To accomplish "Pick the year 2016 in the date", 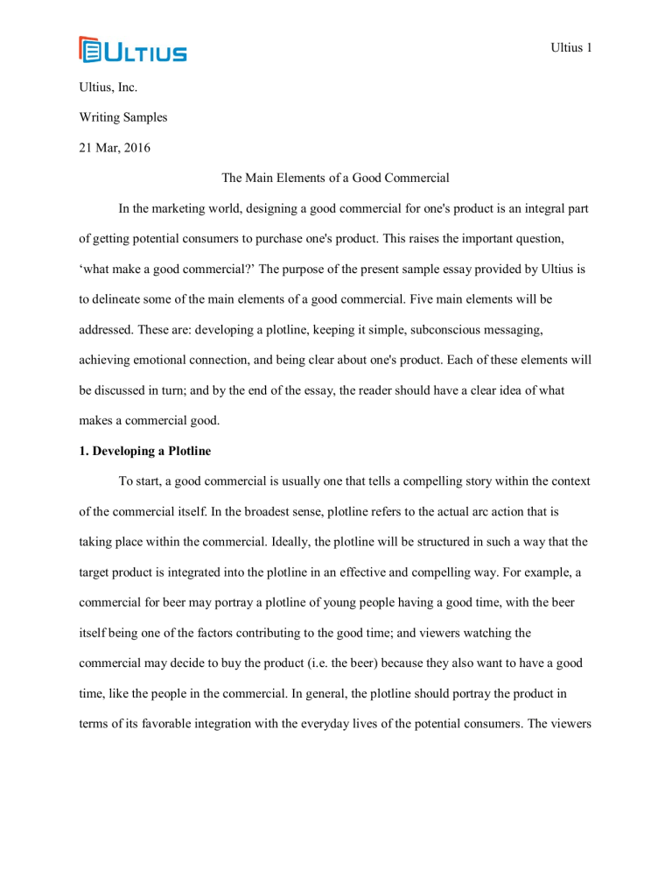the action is pos(135,148).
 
